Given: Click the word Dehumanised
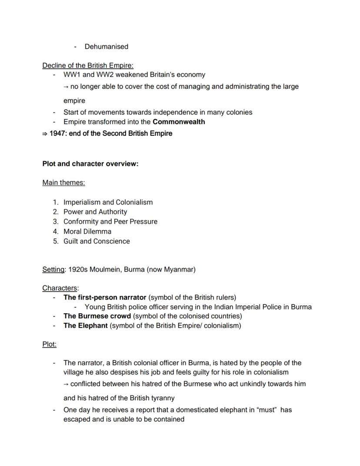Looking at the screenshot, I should coord(106,47).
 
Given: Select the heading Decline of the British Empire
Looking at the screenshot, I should coord(81,66).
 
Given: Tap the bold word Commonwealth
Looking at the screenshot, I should coord(179,122).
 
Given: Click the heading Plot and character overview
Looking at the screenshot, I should coord(90,164).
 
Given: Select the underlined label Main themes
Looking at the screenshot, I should coord(63,183).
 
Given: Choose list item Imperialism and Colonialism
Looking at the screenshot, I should coord(108,202).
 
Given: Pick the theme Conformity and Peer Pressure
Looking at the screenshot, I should coord(110,221).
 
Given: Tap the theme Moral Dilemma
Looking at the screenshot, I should coord(87,231).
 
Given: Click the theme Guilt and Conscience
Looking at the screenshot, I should coord(97,241).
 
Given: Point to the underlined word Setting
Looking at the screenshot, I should coord(53,269).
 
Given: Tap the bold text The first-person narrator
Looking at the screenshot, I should coord(105,298).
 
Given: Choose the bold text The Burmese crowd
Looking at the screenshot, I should coord(97,316).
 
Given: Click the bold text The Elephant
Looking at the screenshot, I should coord(85,325).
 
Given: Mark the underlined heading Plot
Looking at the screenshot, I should coord(49,344).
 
